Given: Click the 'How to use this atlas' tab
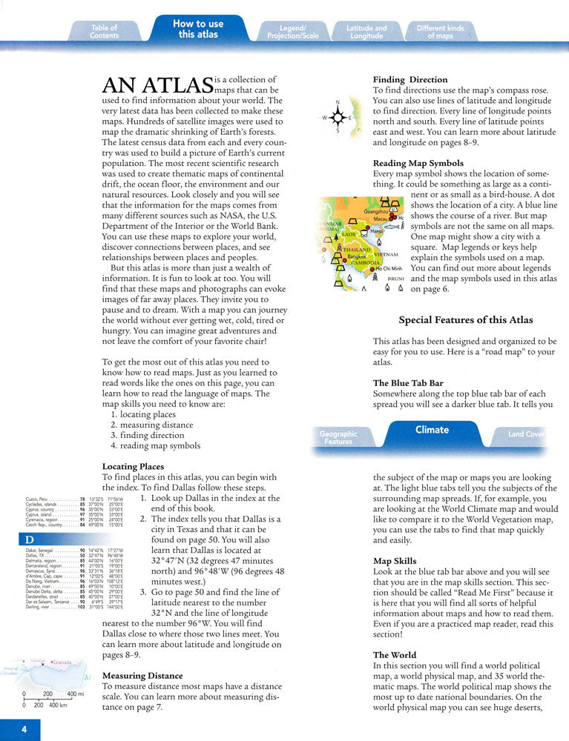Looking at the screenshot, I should click(x=198, y=29).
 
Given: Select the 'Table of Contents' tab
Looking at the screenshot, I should click(x=104, y=32).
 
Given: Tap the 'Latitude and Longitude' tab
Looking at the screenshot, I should click(x=366, y=32).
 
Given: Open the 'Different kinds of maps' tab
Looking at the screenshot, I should click(x=440, y=32).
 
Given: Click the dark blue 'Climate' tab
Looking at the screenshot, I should click(x=432, y=430).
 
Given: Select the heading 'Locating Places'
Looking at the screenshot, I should click(x=133, y=467).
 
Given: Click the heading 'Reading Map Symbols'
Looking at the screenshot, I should click(x=418, y=163).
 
